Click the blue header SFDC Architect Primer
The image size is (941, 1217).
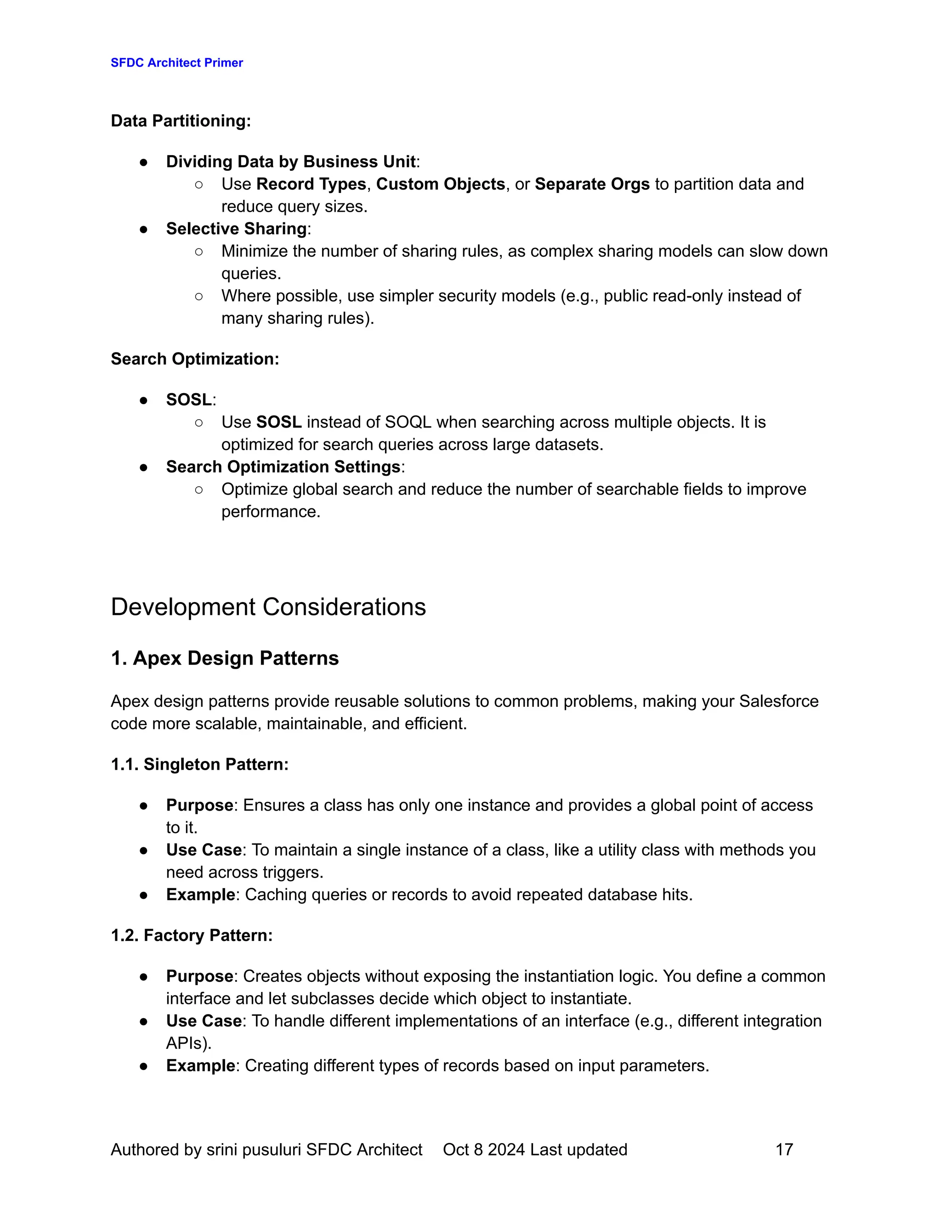pos(177,62)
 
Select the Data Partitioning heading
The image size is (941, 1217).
pos(181,121)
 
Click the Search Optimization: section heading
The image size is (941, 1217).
pos(194,359)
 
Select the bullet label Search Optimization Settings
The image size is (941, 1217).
pos(283,467)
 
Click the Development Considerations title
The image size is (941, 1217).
pos(268,607)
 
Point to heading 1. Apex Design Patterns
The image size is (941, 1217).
pos(225,658)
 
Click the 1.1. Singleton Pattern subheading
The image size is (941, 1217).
pos(199,765)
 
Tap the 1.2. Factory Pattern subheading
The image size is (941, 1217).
pos(192,935)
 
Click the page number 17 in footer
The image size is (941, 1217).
pos(784,1149)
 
